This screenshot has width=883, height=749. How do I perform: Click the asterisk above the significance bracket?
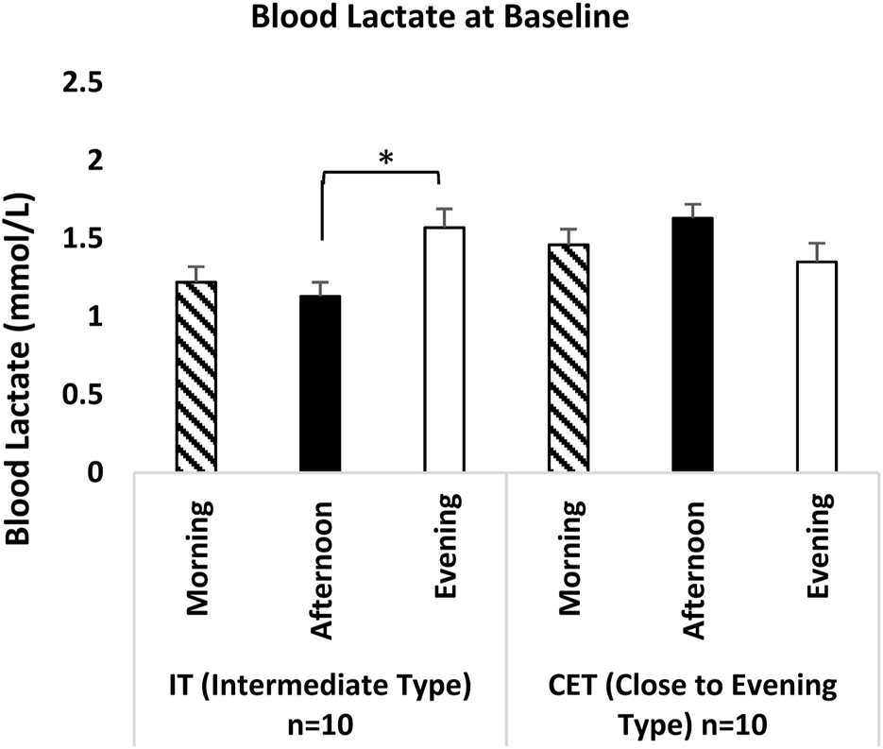pyautogui.click(x=385, y=157)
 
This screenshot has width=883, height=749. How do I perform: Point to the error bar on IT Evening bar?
pyautogui.click(x=444, y=217)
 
